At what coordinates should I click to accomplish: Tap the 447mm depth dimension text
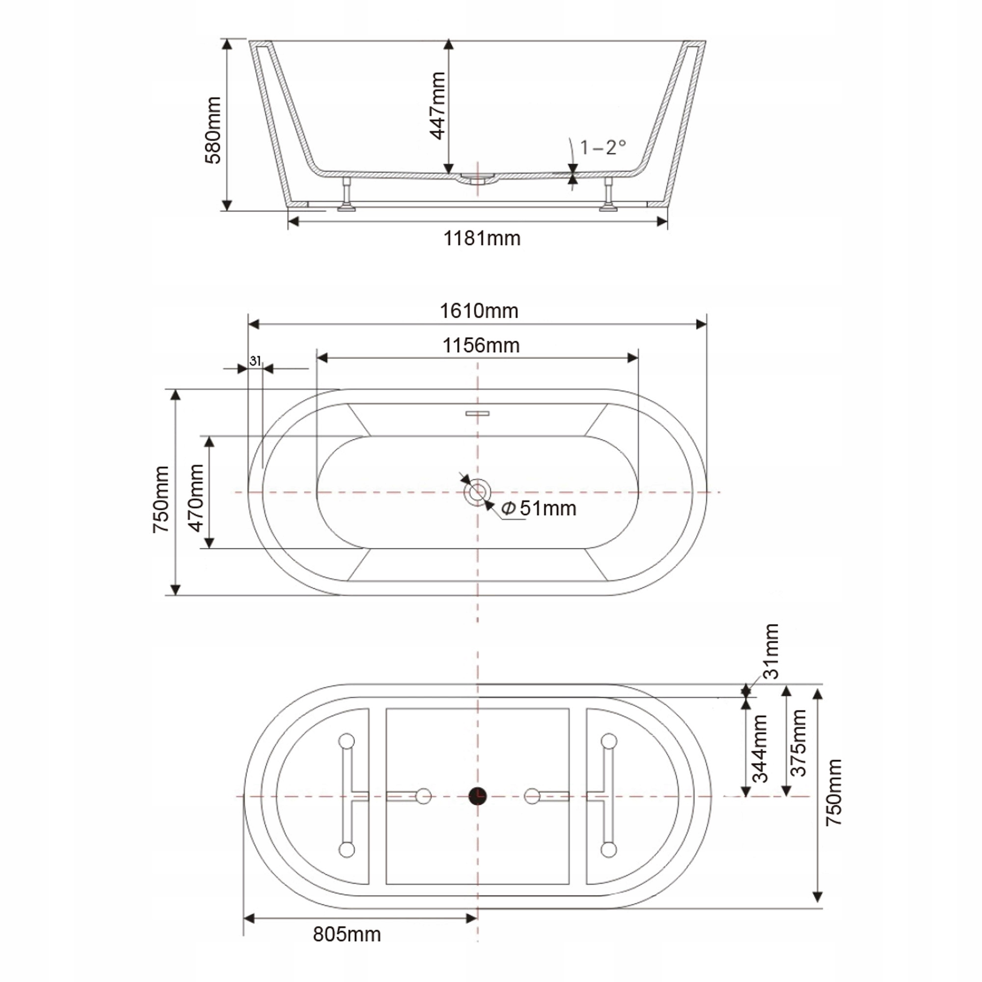coord(437,106)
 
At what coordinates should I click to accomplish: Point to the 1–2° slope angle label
coord(603,147)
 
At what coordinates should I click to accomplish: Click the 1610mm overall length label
coord(479,311)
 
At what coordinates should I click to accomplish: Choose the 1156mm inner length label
coord(481,346)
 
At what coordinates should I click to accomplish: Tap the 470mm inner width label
coord(196,498)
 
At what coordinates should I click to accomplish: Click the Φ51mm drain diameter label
coord(539,508)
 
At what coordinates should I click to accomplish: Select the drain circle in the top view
coord(477,492)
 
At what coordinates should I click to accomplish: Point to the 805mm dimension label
coord(347,934)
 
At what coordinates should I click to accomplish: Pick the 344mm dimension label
coord(760,748)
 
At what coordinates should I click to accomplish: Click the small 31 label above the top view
coord(255,361)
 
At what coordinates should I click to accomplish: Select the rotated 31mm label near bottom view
coord(771,652)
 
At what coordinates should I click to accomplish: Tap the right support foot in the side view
coord(608,195)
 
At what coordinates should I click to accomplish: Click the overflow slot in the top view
coord(477,413)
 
